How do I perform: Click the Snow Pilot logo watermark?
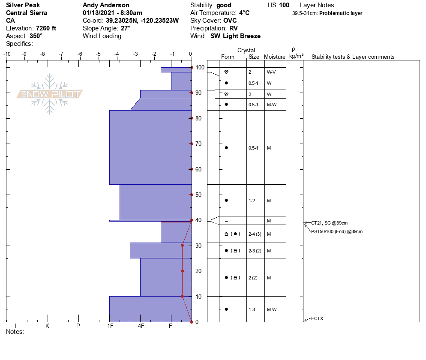[50, 94]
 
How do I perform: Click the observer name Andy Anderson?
[106, 5]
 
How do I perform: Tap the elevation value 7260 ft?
[46, 28]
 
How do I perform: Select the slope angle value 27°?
[126, 28]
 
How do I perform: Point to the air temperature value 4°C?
[244, 13]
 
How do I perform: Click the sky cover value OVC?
[230, 21]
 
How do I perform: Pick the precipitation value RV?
[234, 28]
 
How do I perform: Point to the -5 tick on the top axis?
[98, 54]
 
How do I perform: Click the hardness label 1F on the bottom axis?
[110, 326]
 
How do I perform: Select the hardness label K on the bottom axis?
[47, 326]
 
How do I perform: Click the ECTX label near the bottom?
[317, 318]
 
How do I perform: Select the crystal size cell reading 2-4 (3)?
[255, 234]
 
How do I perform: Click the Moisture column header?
[275, 57]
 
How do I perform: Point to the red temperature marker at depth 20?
[182, 271]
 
